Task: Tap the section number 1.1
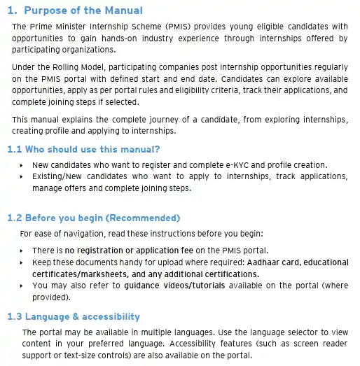click(16, 149)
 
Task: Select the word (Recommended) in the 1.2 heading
click(139, 218)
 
